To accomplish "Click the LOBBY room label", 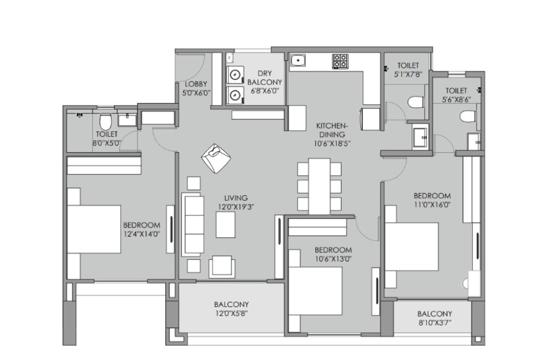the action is click(x=196, y=84).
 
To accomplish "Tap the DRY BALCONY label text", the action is click(x=265, y=78).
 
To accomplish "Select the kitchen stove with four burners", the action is click(x=340, y=61).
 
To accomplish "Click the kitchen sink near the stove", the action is click(x=298, y=60).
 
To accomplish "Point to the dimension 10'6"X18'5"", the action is click(x=332, y=143).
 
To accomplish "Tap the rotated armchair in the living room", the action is click(x=216, y=158).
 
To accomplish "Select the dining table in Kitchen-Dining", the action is click(x=319, y=186).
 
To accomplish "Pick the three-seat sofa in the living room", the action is click(x=192, y=224).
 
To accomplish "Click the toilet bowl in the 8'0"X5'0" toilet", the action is click(x=105, y=121).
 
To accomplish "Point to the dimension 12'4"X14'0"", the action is click(x=142, y=234).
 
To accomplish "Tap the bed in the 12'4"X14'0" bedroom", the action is click(x=94, y=229).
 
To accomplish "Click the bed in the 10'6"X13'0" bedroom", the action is click(x=315, y=291).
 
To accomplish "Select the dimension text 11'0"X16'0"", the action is click(x=432, y=204).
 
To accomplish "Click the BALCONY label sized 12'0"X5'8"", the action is click(x=231, y=304).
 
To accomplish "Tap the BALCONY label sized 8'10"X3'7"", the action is click(x=435, y=313).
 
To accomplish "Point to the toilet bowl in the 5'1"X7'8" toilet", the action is click(x=416, y=103).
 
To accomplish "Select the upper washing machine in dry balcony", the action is click(x=235, y=74).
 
